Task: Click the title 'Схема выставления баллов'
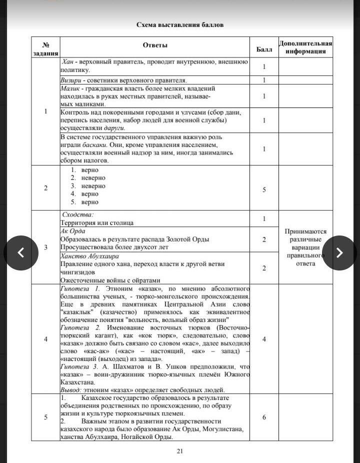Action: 180,24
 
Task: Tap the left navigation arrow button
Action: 21,252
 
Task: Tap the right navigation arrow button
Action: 339,252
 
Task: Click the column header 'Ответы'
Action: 155,45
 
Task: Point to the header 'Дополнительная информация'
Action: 305,47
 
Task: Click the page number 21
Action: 180,451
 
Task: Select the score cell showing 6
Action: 264,417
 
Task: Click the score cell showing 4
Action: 264,339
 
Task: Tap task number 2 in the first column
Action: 46,188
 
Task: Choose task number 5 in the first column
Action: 46,417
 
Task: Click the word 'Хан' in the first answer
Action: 68,62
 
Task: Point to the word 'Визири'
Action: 70,80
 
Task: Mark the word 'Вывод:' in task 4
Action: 69,390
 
